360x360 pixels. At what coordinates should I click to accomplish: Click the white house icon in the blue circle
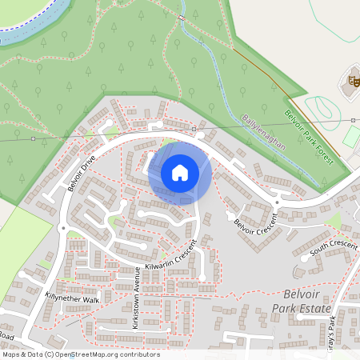click(x=180, y=172)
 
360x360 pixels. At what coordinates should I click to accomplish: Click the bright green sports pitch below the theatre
click(x=352, y=136)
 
